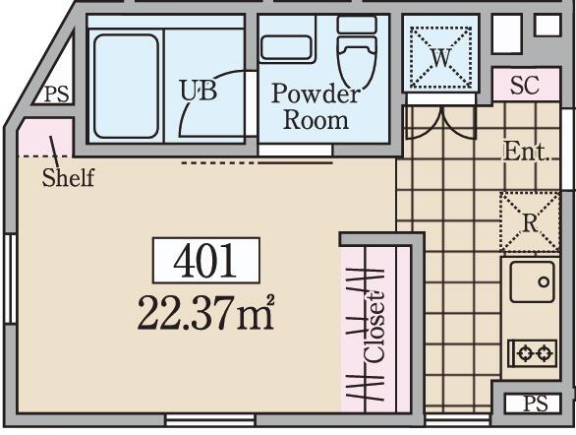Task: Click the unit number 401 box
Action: coord(206,261)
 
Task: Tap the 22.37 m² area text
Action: coord(205,313)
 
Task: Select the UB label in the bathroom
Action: coord(199,91)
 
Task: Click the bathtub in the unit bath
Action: coord(126,86)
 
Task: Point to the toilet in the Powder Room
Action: coord(357,51)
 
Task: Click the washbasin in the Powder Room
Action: coord(286,48)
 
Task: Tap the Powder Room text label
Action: coord(316,106)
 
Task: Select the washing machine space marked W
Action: coord(440,57)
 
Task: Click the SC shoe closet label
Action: coord(525,85)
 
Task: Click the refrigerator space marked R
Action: coord(530,222)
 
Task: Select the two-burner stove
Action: coord(533,353)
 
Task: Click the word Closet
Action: coord(374,328)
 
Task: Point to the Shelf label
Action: coord(69,177)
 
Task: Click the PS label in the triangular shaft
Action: coord(57,94)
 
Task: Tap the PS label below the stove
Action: coord(535,404)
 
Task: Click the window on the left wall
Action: coord(10,279)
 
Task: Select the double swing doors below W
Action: coord(439,122)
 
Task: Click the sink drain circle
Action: coord(544,282)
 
